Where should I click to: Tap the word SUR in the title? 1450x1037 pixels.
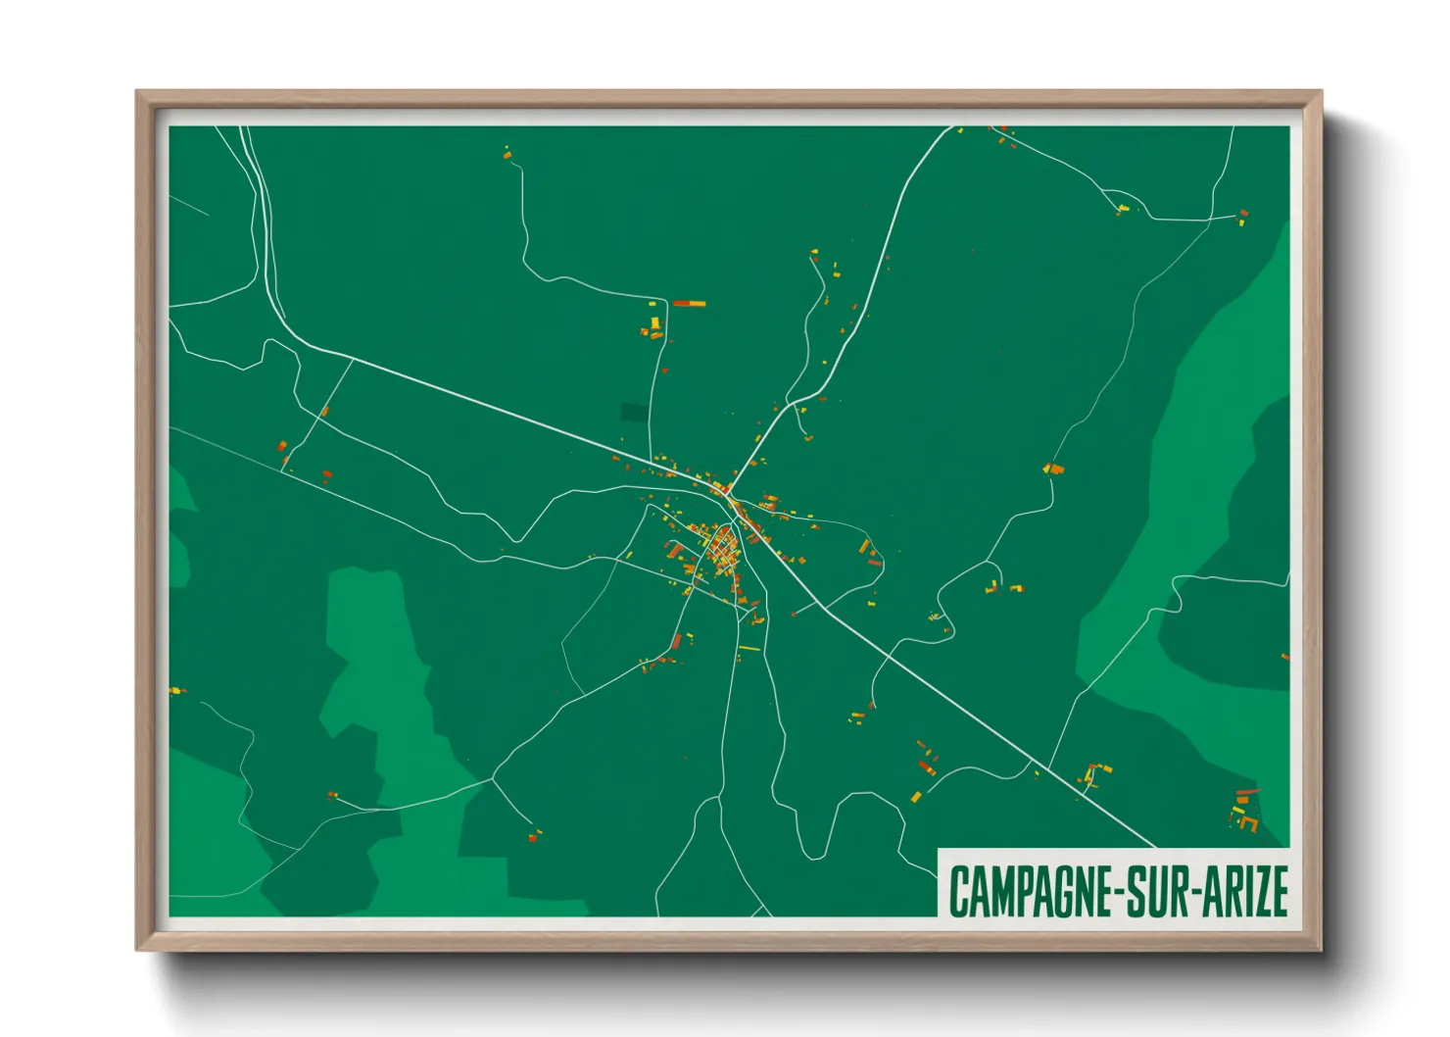1153,890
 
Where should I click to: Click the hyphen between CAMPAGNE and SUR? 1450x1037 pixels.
1116,892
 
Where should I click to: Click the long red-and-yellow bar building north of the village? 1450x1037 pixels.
689,304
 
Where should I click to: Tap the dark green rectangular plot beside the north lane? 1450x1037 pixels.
634,413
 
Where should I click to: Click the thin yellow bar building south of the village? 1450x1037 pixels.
749,648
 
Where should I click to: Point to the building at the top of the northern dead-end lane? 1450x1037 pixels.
507,152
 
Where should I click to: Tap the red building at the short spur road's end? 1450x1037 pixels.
532,836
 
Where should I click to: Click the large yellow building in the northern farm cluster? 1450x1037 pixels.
654,322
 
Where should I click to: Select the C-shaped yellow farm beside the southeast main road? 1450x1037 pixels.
1090,775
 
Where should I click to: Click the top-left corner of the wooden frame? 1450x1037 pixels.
137,92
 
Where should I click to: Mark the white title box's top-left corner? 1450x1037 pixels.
939,849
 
